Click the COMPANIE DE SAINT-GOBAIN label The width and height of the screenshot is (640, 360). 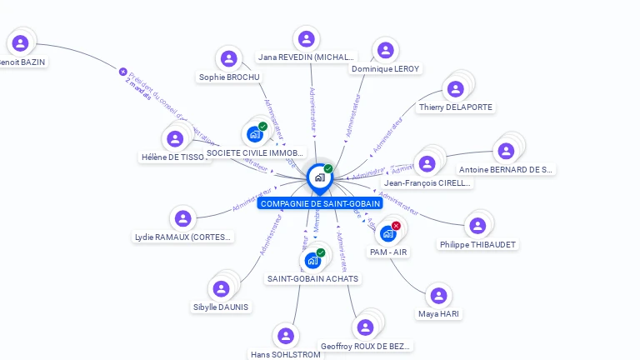pos(320,203)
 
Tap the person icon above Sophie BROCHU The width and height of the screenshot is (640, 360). pos(228,59)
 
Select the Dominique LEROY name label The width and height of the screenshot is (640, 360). pos(386,69)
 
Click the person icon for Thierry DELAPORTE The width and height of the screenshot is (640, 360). pos(455,89)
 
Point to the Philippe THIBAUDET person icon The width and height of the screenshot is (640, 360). pos(477,226)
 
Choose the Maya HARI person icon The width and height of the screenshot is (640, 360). pos(438,296)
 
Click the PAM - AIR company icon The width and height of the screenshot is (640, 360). pos(387,233)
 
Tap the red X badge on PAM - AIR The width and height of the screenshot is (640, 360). pos(396,226)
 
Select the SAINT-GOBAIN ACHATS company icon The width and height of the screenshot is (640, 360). pos(312,260)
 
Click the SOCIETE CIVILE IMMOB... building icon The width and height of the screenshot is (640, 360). pos(255,134)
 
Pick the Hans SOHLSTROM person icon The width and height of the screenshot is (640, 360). pos(286,336)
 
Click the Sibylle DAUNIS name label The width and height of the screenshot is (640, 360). pos(221,307)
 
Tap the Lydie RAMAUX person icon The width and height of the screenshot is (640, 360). pos(182,219)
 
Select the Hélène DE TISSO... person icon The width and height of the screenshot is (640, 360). pos(174,139)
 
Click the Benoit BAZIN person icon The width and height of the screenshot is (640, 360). pos(20,43)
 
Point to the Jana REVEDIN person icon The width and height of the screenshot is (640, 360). pos(306,39)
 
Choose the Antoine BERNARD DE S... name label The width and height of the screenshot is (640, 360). pos(506,169)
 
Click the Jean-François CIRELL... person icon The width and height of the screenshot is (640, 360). pos(427,164)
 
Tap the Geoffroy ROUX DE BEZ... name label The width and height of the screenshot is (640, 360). pos(365,346)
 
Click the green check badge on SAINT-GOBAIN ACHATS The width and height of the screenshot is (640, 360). pos(321,252)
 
